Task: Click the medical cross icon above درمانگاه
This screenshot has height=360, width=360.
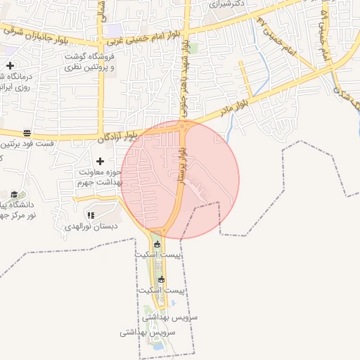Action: (10, 65)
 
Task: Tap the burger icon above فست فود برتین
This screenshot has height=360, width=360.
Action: (27, 133)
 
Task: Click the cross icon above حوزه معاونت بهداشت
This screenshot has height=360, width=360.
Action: (100, 161)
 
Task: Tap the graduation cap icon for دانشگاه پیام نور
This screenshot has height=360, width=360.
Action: (14, 194)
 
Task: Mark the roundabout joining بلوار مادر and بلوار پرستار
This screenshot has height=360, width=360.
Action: (183, 127)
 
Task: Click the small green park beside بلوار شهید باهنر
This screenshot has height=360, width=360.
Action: (193, 49)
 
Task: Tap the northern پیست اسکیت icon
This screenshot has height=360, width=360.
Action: (157, 244)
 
